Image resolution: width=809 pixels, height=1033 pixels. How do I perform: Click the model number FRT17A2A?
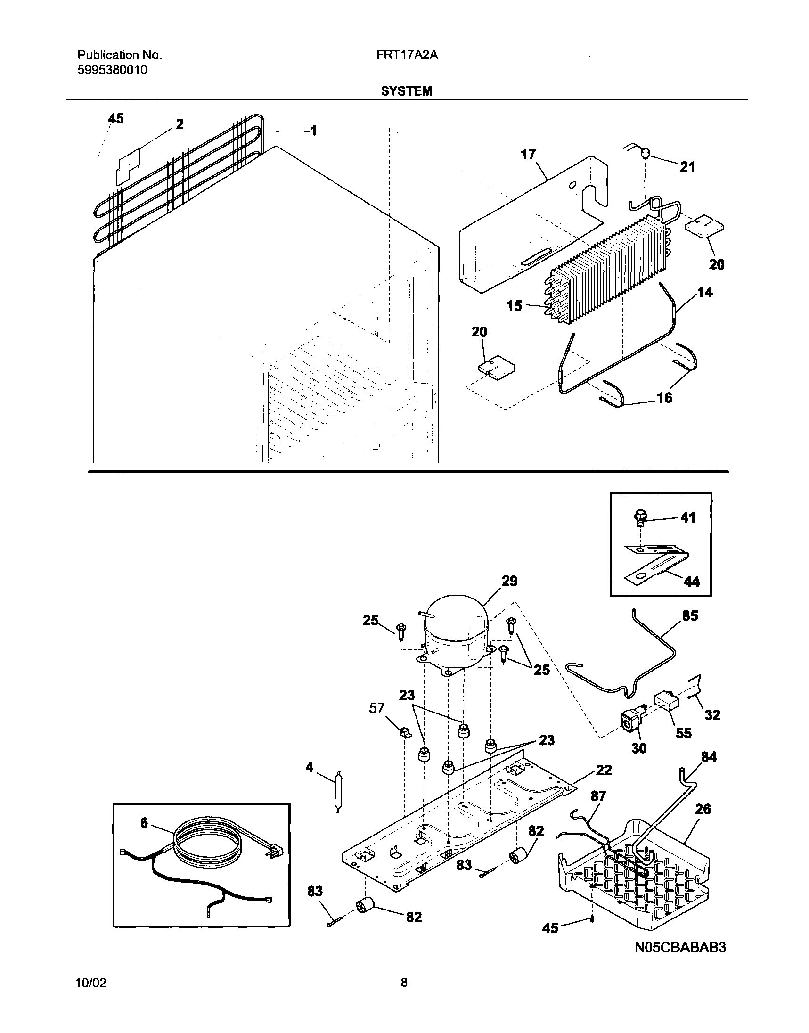pyautogui.click(x=407, y=56)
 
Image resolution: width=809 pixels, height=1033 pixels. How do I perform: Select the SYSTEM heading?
pyautogui.click(x=407, y=91)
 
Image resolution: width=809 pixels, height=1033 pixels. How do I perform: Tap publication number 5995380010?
pyautogui.click(x=112, y=70)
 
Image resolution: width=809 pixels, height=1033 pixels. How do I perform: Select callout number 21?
pyautogui.click(x=687, y=167)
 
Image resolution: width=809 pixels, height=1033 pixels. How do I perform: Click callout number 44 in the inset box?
pyautogui.click(x=692, y=582)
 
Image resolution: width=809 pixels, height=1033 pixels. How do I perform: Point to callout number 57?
pyautogui.click(x=377, y=709)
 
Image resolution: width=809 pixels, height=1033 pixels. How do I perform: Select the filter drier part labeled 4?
pyautogui.click(x=339, y=792)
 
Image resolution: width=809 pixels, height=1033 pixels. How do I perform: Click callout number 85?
pyautogui.click(x=690, y=616)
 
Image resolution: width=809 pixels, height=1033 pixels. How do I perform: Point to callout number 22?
pyautogui.click(x=604, y=770)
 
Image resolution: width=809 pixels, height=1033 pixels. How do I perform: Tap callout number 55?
pyautogui.click(x=684, y=733)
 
